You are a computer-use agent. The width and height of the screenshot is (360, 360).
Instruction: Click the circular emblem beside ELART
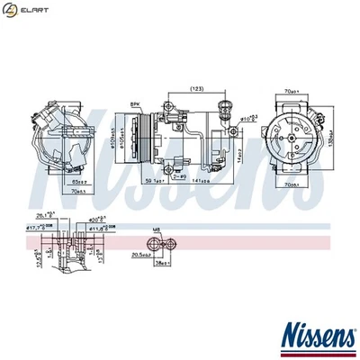(x=12, y=10)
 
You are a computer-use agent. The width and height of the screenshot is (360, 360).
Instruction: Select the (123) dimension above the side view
(x=195, y=87)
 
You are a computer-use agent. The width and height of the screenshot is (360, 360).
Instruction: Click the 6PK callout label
(x=137, y=104)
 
